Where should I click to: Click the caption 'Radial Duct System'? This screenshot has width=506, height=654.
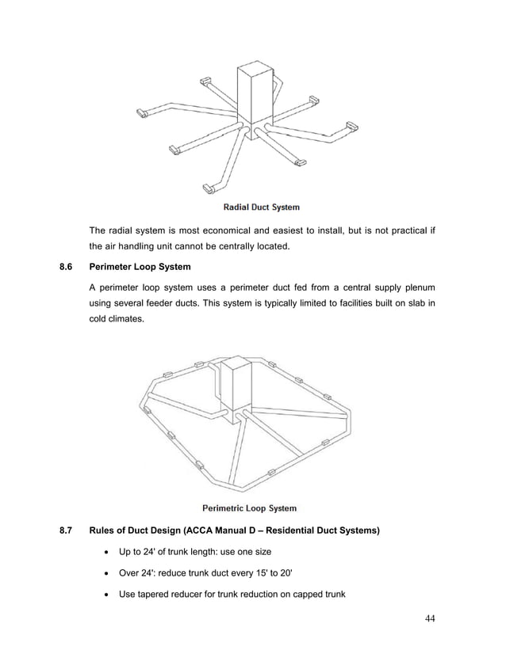(261, 207)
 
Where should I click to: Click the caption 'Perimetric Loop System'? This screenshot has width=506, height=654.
(250, 508)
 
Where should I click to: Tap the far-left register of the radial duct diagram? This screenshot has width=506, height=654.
(145, 113)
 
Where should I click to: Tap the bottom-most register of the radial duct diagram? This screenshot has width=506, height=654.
(209, 188)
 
